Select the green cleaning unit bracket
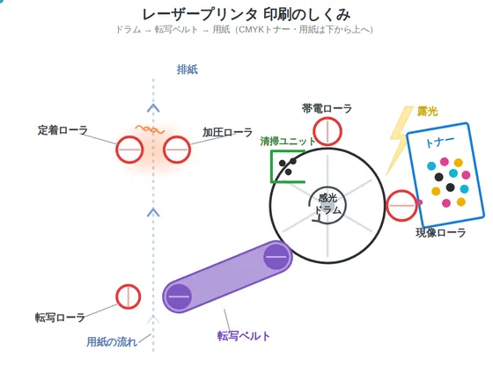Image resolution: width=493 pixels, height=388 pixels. coord(272,166)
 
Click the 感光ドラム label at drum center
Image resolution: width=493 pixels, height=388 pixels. coord(327,204)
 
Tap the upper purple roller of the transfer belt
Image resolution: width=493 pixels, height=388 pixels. coord(276,257)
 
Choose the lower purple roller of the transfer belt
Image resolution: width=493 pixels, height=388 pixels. coord(179,296)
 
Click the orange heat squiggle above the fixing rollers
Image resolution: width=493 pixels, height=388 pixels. coord(150,129)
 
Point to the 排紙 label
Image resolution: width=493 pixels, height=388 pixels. coord(187,70)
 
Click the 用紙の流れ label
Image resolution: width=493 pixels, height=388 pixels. coord(112,341)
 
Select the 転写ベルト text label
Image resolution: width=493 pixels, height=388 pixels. coord(244,336)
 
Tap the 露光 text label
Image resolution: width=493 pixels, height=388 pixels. coord(427,111)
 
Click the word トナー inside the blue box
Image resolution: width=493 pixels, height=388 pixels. coord(439,142)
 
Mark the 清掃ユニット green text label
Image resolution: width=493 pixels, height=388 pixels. coord(288,142)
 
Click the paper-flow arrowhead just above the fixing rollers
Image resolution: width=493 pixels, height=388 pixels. coord(153,107)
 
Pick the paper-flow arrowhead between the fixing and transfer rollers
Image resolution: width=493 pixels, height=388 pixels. coord(153,212)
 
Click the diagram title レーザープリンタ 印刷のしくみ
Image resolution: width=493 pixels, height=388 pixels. coord(246,14)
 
